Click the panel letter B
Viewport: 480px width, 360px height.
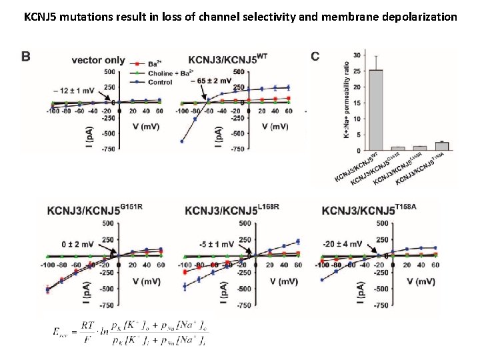point(25,57)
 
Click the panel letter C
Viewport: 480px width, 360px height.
point(315,57)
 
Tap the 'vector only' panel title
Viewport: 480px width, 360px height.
point(98,60)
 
